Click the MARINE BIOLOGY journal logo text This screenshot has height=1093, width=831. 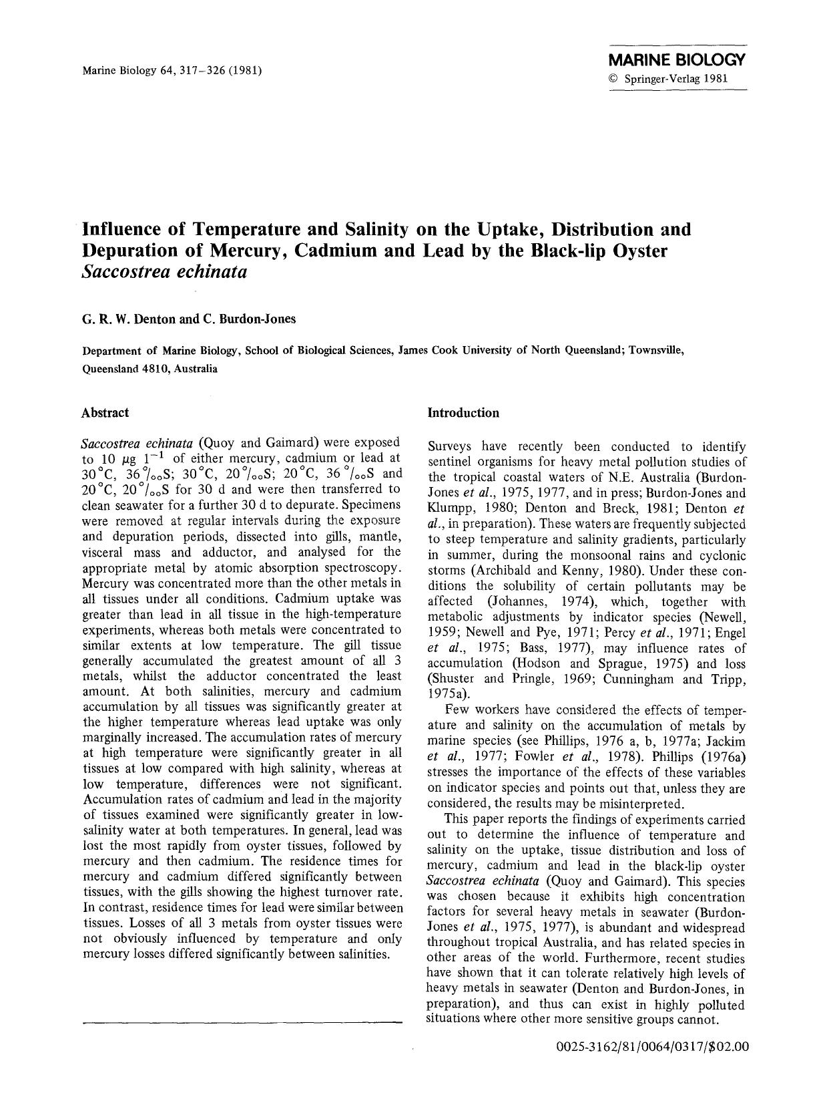tap(677, 60)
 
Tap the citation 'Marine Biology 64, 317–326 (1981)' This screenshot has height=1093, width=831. tap(172, 69)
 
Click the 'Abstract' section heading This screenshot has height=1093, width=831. tap(105, 413)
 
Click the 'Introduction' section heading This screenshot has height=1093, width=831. tap(463, 413)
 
